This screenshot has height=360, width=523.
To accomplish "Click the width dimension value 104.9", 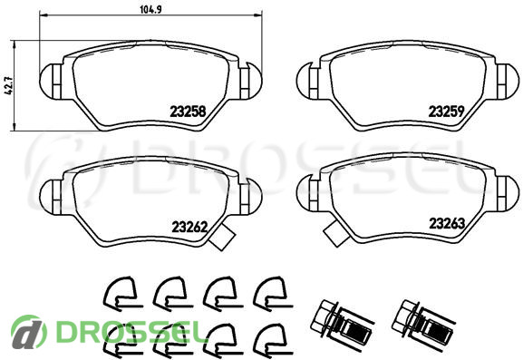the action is coord(150,10).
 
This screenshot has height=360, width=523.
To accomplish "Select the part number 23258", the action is coord(188,112).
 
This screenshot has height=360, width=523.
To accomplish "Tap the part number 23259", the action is coord(446,112).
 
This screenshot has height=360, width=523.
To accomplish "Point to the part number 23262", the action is coord(189,228).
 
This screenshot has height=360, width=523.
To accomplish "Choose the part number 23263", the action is coord(447,224).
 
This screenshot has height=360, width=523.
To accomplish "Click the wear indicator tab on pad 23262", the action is coord(222,237).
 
